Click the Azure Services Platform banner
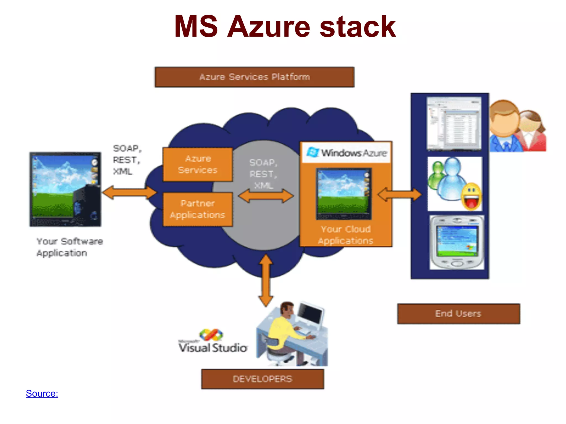click(255, 77)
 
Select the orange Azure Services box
click(198, 165)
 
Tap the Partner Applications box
click(198, 209)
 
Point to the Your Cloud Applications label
click(345, 235)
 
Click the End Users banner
click(458, 314)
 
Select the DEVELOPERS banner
click(263, 379)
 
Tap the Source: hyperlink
click(42, 393)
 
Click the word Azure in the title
click(268, 27)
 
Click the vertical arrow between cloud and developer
click(266, 280)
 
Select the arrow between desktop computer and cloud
click(129, 192)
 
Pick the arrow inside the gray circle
click(266, 196)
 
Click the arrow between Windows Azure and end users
click(399, 195)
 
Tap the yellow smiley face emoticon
click(471, 197)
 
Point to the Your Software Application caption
click(69, 247)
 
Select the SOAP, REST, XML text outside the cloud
click(127, 160)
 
